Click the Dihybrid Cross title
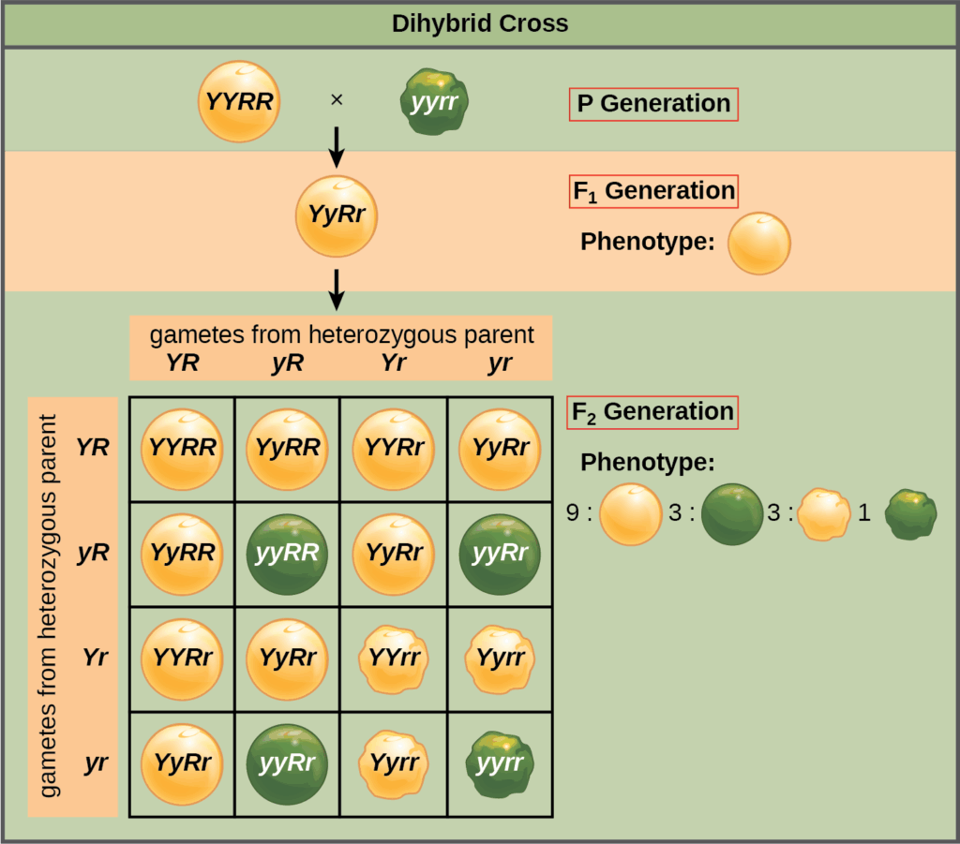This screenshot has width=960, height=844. tap(479, 23)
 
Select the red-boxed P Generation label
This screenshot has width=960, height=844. tap(653, 103)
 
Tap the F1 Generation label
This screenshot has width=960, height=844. tap(653, 191)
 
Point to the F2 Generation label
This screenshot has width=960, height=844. tap(652, 411)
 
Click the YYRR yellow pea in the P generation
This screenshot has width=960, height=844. tap(239, 101)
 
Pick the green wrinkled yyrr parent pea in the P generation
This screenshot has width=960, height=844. tap(434, 101)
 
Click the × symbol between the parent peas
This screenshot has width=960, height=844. tap(337, 99)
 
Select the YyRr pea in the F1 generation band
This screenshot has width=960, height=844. tap(337, 215)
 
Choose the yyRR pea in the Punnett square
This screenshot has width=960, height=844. tap(287, 554)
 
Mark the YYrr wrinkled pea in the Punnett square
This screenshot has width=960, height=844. tap(393, 659)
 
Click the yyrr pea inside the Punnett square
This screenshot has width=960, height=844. tap(500, 763)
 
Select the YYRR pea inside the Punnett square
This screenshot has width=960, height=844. tap(181, 449)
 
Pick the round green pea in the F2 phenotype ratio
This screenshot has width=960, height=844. tap(731, 514)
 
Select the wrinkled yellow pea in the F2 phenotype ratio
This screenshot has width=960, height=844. tap(823, 514)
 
